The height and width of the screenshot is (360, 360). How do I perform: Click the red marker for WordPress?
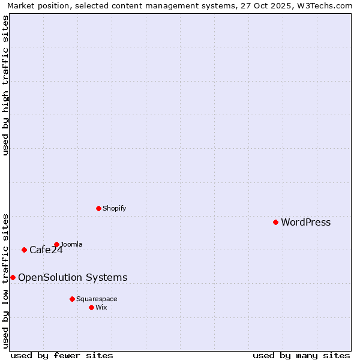point(275,222)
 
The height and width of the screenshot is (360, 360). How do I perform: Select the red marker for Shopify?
point(98,208)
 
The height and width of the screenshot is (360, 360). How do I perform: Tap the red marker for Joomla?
point(56,244)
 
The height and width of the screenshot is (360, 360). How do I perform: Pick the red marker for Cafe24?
point(24,250)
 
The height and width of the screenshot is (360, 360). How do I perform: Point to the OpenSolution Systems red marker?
point(13,277)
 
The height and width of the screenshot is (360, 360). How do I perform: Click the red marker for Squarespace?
point(72,299)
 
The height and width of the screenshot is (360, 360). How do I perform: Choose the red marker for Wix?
point(91,307)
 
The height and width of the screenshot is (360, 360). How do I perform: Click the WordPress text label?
point(305,223)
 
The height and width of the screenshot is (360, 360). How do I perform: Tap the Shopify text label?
point(114,209)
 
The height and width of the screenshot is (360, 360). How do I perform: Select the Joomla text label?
point(71,244)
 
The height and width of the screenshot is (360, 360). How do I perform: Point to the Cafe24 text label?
point(46,250)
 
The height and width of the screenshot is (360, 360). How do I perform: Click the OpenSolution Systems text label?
point(73,277)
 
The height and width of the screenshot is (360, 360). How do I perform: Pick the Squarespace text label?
point(97,299)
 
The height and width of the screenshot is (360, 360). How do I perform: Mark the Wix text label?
point(101,307)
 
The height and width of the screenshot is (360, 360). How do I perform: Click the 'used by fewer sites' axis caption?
point(62,355)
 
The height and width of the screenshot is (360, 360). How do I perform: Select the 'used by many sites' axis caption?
point(301,355)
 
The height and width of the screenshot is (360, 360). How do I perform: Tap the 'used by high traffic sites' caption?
point(5,85)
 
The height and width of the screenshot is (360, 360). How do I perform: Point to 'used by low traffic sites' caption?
point(5,281)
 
